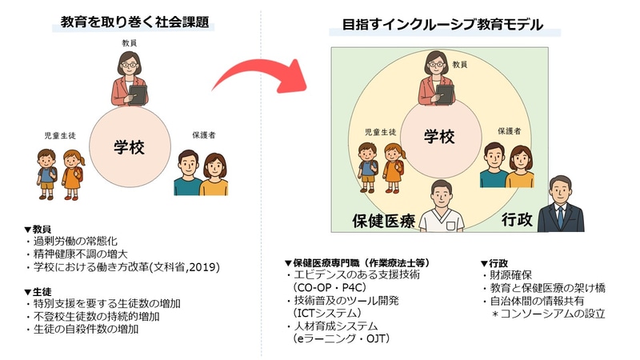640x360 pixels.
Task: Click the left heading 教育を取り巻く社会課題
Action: (135, 22)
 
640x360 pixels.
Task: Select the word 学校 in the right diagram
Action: (438, 135)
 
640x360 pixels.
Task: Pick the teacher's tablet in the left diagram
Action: (138, 94)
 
